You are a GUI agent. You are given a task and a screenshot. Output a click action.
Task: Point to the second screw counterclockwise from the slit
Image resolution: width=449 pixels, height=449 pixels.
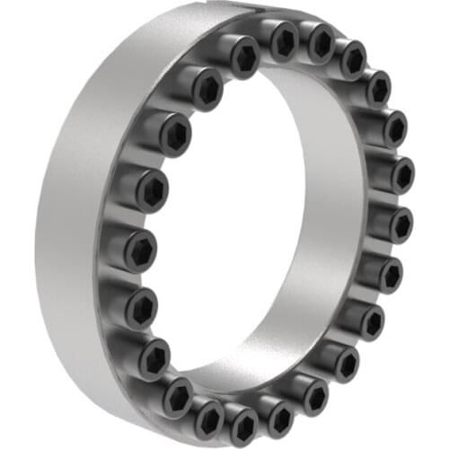tap(206, 88)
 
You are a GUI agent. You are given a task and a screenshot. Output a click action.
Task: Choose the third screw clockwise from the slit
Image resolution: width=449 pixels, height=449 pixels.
tap(352, 59)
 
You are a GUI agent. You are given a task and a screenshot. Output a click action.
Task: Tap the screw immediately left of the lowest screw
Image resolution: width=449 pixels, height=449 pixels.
tap(209, 416)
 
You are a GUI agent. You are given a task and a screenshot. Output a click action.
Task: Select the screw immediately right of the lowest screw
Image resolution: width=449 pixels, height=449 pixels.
tap(278, 416)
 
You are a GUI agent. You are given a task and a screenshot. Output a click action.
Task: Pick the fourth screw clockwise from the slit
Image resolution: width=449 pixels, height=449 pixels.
tap(378, 88)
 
